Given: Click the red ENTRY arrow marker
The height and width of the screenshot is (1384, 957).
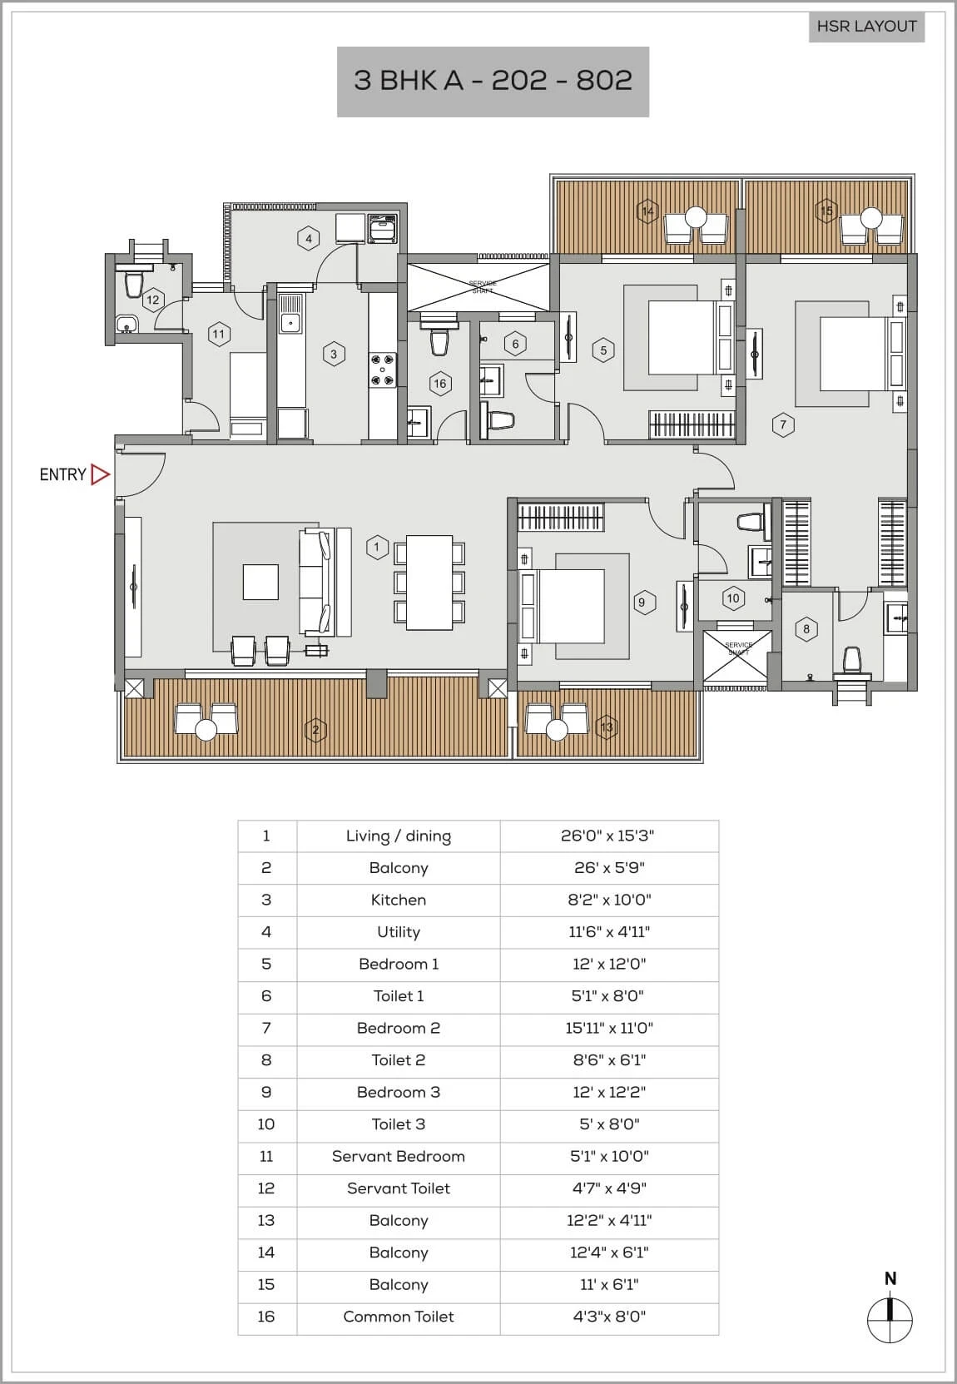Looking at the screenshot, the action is click(100, 474).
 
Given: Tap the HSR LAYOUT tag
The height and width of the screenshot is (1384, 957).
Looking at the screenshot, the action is click(866, 27).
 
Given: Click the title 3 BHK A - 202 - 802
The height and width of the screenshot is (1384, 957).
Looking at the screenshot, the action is click(493, 81).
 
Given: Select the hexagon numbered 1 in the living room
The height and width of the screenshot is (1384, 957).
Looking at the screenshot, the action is click(377, 547).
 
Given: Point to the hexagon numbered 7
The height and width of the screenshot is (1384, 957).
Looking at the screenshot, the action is click(783, 424).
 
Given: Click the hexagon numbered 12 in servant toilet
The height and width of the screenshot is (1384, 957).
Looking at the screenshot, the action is click(152, 300).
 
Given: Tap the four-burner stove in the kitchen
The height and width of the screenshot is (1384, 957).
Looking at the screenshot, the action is click(383, 370).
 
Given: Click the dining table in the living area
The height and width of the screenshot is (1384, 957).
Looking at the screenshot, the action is click(429, 583).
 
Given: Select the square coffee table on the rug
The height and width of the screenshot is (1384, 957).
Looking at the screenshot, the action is click(260, 582).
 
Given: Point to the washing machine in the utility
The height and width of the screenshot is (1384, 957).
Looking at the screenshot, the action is click(383, 229).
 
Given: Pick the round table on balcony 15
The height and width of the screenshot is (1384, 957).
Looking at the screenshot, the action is click(871, 218).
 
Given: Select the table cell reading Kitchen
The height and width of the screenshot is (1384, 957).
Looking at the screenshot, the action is click(399, 900).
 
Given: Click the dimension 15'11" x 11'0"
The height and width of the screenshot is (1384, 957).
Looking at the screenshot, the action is click(609, 1028).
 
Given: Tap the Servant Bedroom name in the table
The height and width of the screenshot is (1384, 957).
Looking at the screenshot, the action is click(399, 1156).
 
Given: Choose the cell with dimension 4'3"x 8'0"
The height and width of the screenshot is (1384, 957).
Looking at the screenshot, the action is click(609, 1317).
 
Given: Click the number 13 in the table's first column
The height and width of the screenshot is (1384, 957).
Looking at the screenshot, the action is click(266, 1220).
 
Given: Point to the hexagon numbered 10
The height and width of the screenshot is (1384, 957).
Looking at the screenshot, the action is click(733, 598).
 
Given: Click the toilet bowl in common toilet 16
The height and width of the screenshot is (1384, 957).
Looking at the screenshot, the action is click(439, 343).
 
